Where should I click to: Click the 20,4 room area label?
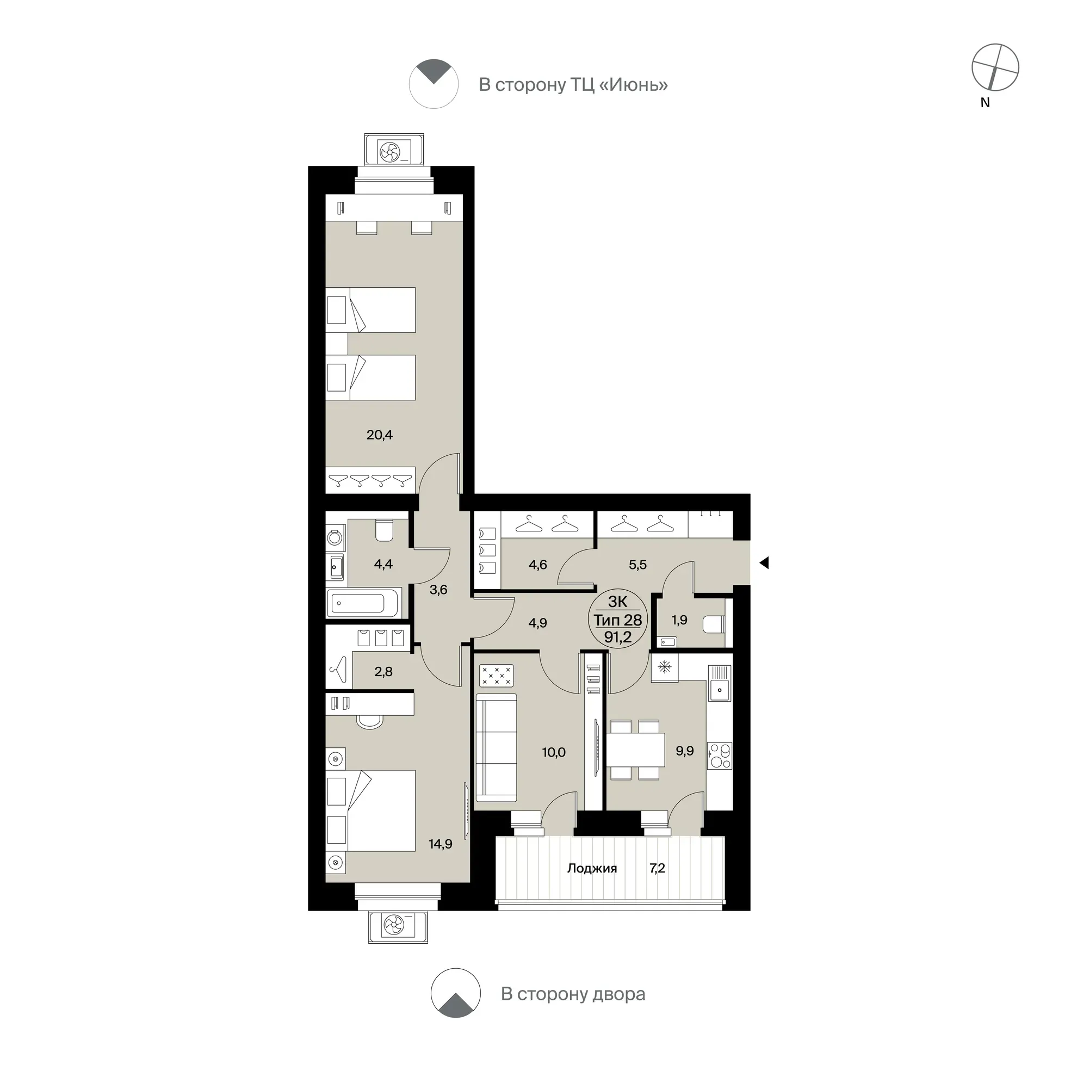(379, 435)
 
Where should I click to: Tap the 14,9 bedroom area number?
(441, 844)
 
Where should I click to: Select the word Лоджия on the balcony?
(592, 868)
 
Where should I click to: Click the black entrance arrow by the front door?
(764, 563)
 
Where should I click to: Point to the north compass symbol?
(995, 67)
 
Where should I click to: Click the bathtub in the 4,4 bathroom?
(364, 603)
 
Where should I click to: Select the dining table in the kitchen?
(635, 750)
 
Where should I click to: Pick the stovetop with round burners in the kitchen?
(720, 756)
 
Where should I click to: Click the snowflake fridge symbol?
(665, 667)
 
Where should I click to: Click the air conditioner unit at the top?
(394, 151)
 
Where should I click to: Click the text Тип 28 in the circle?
(618, 620)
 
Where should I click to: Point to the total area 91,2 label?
(618, 637)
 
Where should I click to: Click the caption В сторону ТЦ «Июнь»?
(573, 85)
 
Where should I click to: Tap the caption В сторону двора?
(573, 994)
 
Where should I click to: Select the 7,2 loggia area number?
(657, 868)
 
